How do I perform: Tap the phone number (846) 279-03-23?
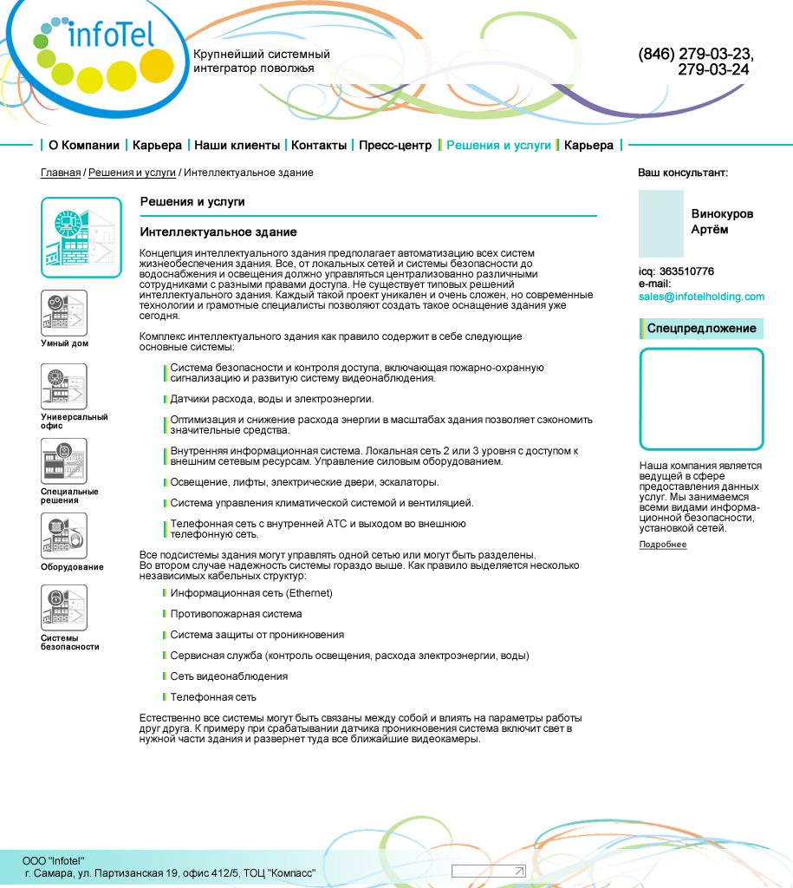pyautogui.click(x=695, y=54)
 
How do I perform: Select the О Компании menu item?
pyautogui.click(x=83, y=145)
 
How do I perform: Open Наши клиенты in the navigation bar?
pyautogui.click(x=237, y=145)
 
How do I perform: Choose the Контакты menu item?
pyautogui.click(x=318, y=145)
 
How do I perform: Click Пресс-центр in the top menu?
pyautogui.click(x=394, y=145)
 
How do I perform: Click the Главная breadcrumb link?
pyautogui.click(x=61, y=173)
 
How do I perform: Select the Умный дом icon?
pyautogui.click(x=64, y=313)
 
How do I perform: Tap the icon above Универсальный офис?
pyautogui.click(x=64, y=387)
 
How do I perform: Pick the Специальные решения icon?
pyautogui.click(x=64, y=461)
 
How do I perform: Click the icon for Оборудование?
pyautogui.click(x=64, y=536)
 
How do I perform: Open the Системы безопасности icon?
pyautogui.click(x=64, y=608)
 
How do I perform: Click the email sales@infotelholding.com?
pyautogui.click(x=701, y=297)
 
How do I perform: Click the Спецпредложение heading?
pyautogui.click(x=701, y=329)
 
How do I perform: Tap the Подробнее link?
pyautogui.click(x=662, y=545)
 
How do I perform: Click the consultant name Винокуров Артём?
pyautogui.click(x=722, y=222)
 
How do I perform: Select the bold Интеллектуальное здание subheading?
pyautogui.click(x=218, y=232)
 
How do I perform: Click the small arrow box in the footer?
pyautogui.click(x=488, y=871)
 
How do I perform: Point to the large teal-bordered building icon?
pyautogui.click(x=81, y=238)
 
